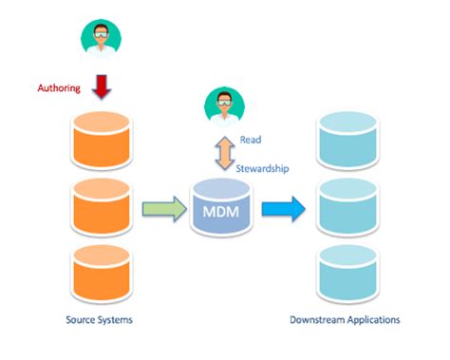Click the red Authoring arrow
(103, 87)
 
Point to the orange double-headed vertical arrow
(224, 151)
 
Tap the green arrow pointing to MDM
(160, 208)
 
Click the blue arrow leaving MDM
(284, 208)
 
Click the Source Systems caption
(100, 320)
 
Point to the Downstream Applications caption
(346, 320)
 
